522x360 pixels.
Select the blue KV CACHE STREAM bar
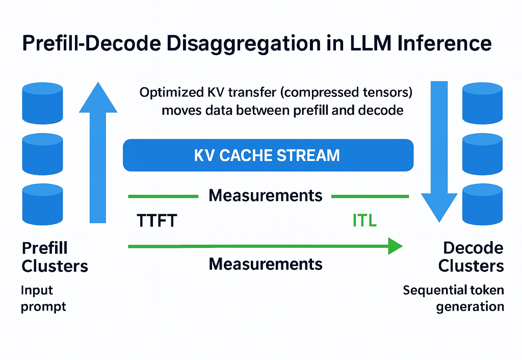tap(268, 155)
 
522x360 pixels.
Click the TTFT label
tap(156, 221)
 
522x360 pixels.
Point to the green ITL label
tap(364, 221)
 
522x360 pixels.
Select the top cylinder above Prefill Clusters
tap(42, 102)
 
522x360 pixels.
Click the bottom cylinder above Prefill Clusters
tap(42, 203)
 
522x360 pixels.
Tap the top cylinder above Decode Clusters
tap(482, 102)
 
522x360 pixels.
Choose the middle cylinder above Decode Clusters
tap(482, 151)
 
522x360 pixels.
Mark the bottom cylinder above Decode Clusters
tap(482, 203)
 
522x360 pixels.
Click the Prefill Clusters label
tap(55, 257)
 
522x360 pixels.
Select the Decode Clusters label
tap(472, 257)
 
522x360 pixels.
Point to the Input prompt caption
tap(43, 298)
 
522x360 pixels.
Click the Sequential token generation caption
tap(453, 298)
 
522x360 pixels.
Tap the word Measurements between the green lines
tap(266, 195)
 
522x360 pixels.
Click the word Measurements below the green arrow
tap(266, 264)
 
